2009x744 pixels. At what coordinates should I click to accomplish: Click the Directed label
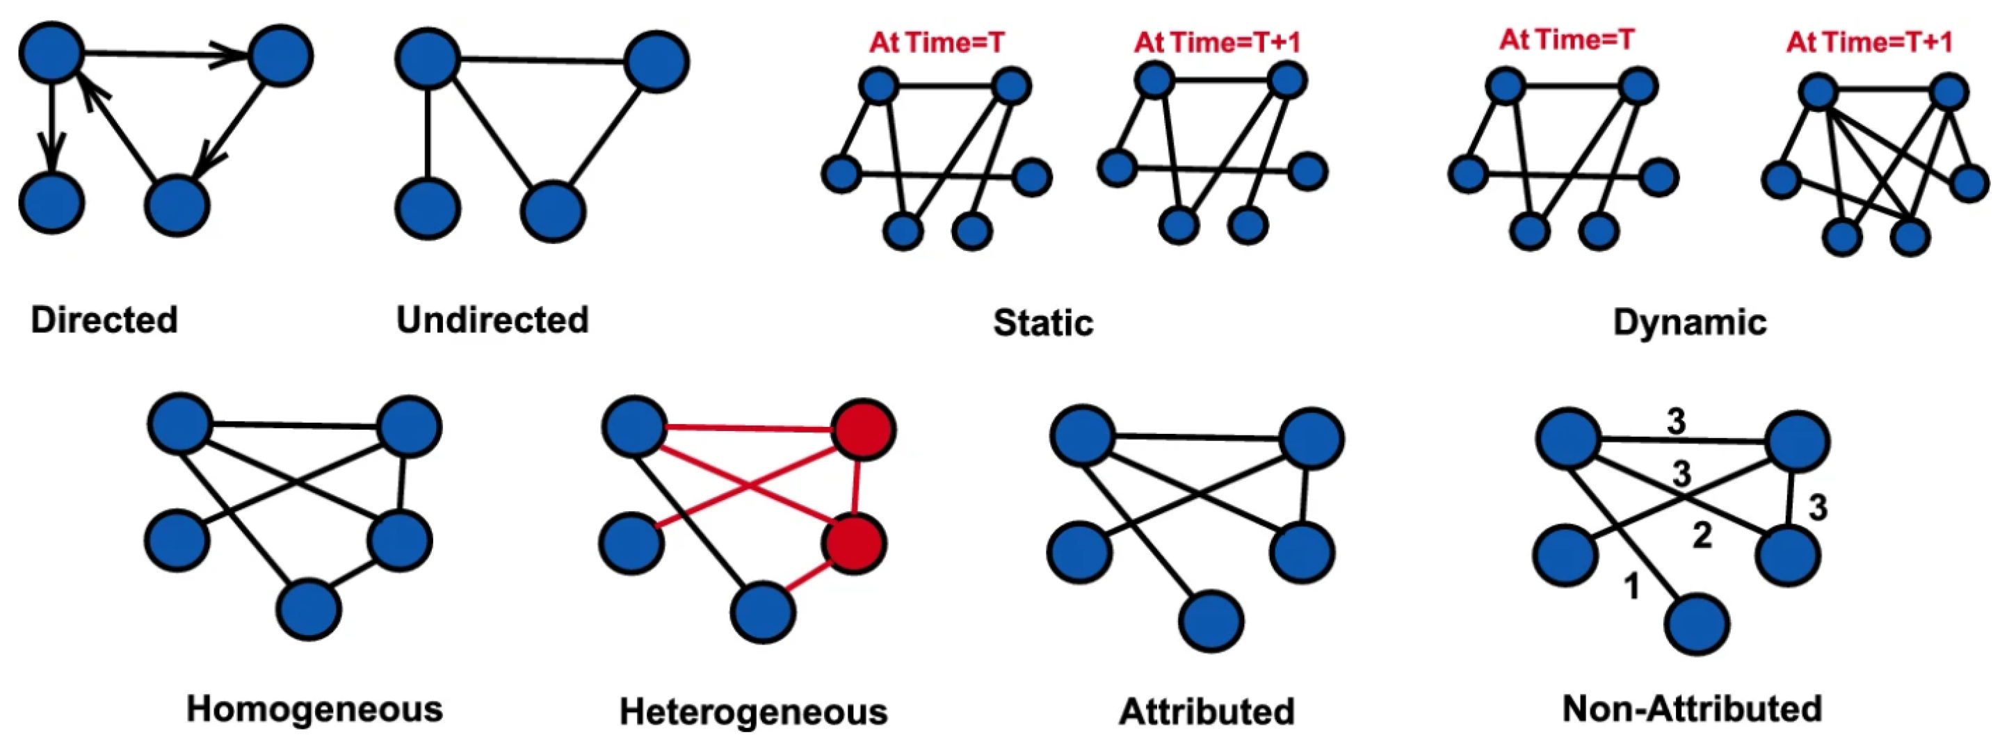104,321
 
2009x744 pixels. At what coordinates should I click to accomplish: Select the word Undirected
492,321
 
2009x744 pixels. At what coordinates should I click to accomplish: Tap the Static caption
1042,323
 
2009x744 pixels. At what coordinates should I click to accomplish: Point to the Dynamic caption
1689,323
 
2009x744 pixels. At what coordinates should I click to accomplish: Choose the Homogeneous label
314,710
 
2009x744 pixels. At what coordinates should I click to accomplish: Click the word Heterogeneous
753,712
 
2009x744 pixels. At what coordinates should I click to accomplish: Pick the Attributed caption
1207,712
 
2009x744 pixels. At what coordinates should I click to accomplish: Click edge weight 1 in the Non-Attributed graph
1631,586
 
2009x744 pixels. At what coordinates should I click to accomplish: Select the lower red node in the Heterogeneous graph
855,544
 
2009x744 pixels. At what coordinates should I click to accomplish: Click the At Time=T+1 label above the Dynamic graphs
1869,42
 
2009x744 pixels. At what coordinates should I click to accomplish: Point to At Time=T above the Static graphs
937,42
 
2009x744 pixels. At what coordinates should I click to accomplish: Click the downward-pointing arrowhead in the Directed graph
51,152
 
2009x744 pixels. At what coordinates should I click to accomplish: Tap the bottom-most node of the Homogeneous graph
309,610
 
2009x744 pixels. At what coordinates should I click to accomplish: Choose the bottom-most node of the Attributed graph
1211,622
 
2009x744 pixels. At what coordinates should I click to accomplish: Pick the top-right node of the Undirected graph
656,63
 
